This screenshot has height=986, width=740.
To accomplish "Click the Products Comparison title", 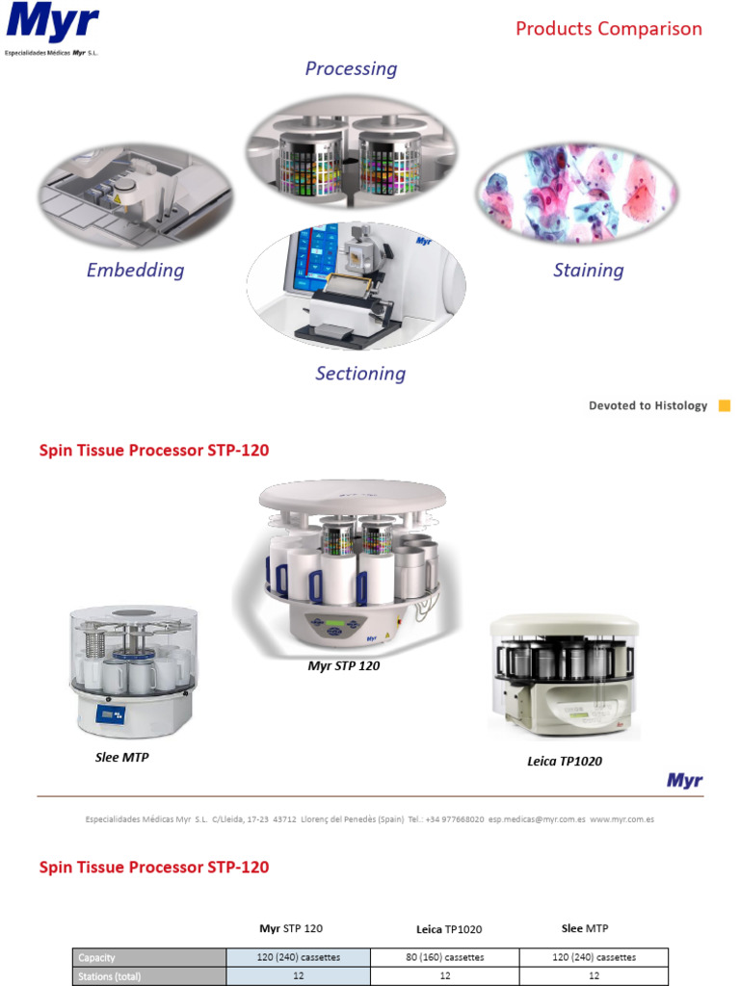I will pos(608,29).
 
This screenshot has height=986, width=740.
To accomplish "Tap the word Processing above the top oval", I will pos(351,68).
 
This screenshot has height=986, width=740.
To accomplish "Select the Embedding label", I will pos(135,270).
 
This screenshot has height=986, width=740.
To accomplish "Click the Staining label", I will pos(588,271).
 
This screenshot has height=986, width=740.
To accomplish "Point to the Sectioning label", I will pos(360,374).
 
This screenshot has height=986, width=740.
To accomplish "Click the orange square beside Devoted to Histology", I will pos(725,405).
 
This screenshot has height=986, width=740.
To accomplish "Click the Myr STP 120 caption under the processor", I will pos(343,665).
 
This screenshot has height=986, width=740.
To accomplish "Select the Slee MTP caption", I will pos(121,757).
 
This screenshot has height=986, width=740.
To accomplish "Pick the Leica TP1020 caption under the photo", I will pos(564,762).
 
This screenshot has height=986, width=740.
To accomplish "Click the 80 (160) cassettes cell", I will pos(444,957).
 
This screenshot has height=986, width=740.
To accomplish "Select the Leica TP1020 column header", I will pos(448,929).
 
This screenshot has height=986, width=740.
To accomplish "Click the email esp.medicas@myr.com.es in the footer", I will pos(537,818).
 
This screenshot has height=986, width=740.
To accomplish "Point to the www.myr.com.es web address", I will pos(622,818).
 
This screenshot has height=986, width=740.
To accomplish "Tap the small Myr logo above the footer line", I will pos(684,781).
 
